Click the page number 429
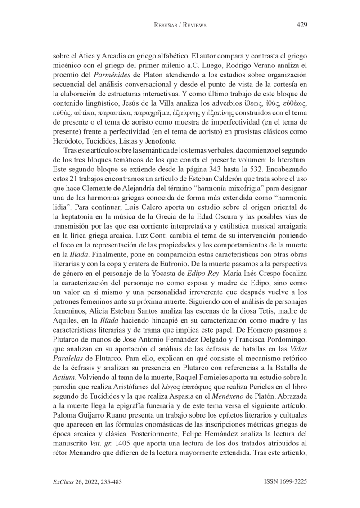[x=301, y=25]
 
